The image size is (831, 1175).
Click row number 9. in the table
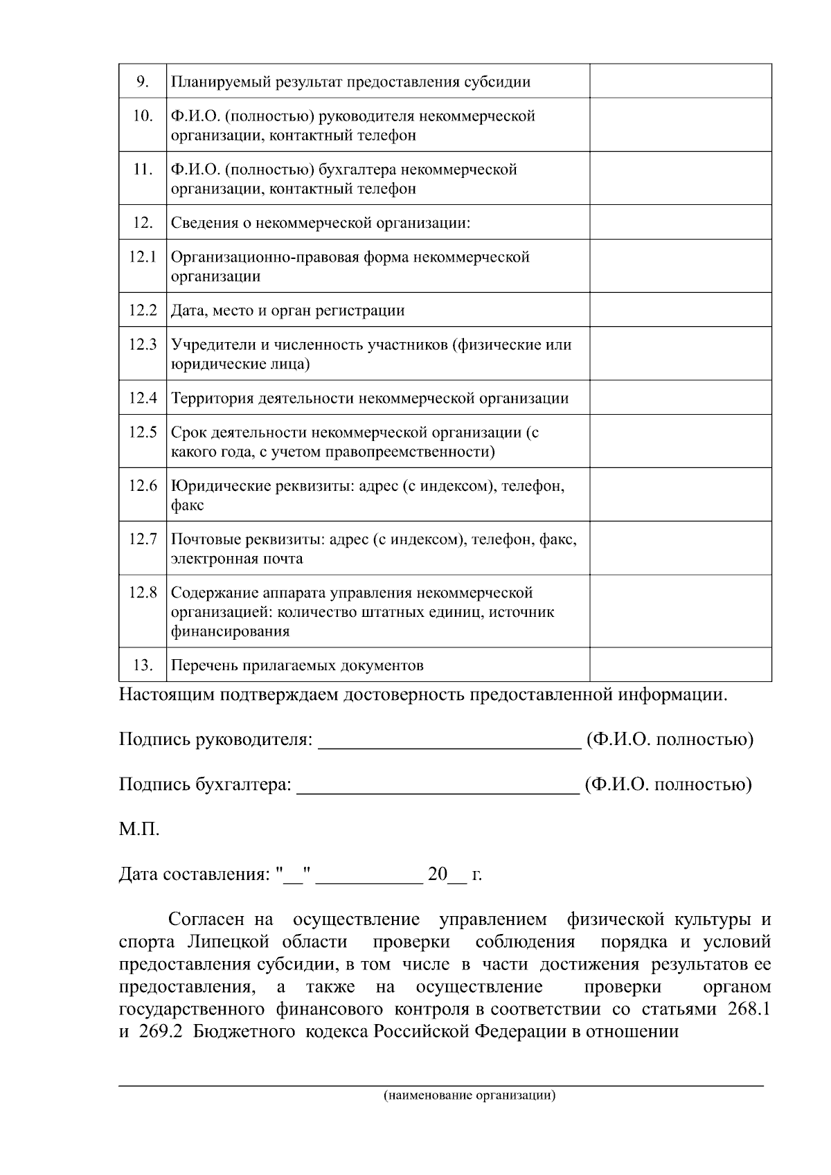pyautogui.click(x=143, y=82)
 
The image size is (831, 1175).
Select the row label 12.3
pyautogui.click(x=143, y=344)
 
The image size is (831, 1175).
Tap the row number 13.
pyautogui.click(x=143, y=665)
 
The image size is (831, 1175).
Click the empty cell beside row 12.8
pyautogui.click(x=680, y=611)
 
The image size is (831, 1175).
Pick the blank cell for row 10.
pyautogui.click(x=680, y=125)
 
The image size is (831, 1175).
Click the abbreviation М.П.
pyautogui.click(x=139, y=829)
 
